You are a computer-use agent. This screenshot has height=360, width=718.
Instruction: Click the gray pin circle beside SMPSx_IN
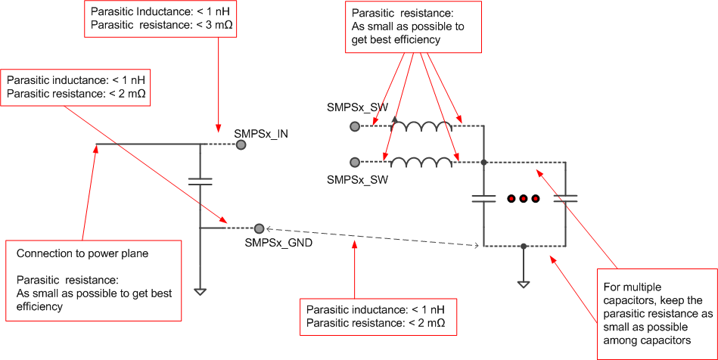pos(241,144)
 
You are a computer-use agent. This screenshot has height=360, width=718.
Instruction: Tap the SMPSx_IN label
pos(261,134)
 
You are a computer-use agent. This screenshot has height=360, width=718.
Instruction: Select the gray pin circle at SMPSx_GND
pos(259,228)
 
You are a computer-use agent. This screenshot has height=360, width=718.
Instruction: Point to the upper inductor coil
pos(421,126)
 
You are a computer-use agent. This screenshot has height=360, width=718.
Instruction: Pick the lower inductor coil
pos(421,162)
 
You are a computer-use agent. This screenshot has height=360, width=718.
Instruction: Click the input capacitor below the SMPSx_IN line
pos(200,182)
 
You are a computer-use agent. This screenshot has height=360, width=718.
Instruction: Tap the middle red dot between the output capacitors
pos(523,199)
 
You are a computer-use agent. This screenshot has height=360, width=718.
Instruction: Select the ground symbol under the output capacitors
pos(523,283)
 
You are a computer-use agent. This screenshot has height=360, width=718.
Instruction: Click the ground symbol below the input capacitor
pos(200,291)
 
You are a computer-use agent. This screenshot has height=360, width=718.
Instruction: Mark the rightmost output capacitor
pos(564,199)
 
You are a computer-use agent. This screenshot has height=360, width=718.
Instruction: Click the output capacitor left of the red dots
pos(483,199)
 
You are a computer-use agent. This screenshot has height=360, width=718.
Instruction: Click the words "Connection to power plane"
pos(82,253)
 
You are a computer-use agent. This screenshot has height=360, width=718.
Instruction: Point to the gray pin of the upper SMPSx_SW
pos(354,127)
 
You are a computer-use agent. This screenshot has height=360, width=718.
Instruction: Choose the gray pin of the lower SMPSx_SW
pos(354,162)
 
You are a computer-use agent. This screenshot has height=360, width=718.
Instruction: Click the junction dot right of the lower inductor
pos(483,162)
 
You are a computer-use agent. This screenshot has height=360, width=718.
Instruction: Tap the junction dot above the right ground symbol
pos(523,246)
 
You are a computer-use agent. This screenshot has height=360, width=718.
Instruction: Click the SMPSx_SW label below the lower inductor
pos(357,179)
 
